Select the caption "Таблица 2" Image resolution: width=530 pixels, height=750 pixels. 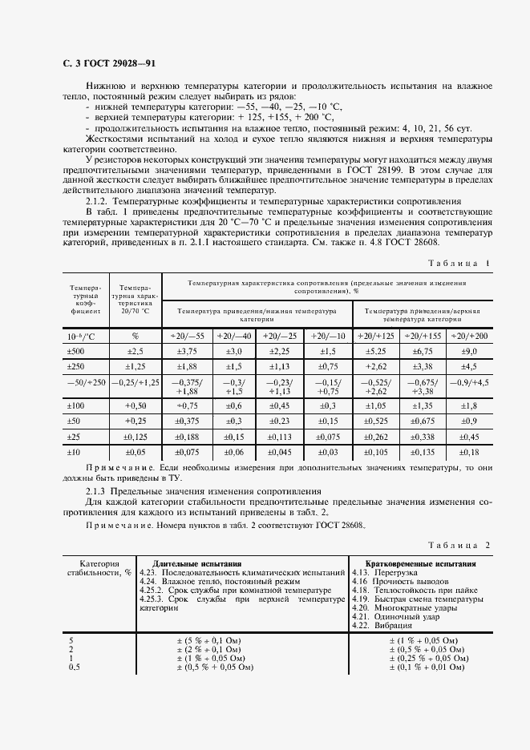point(458,545)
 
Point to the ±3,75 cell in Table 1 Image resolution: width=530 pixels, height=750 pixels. point(188,351)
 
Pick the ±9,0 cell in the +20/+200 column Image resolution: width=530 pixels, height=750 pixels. point(467,351)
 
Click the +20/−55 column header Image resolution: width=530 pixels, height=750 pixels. point(188,336)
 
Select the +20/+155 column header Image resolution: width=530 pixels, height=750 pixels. point(422,336)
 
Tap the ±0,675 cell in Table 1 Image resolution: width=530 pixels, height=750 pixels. point(422,421)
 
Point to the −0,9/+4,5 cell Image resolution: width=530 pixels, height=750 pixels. point(467,383)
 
